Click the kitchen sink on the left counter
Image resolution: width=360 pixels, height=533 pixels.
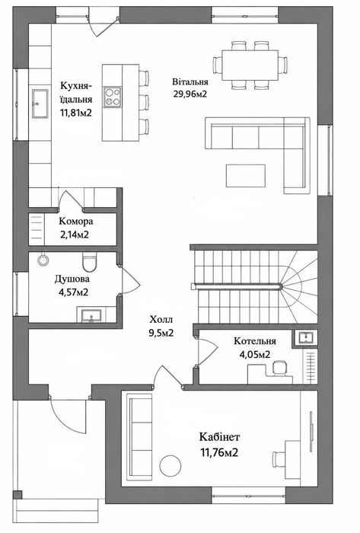click(40, 104)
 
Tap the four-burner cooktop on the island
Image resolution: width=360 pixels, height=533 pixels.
click(113, 97)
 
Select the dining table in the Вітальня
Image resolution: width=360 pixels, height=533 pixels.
click(250, 65)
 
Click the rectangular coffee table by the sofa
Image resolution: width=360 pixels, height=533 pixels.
click(246, 176)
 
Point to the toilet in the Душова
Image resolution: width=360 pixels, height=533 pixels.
click(90, 262)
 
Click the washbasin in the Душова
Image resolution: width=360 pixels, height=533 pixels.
click(91, 315)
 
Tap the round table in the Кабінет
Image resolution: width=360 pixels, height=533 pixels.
click(170, 465)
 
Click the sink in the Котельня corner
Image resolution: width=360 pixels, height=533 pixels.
click(305, 337)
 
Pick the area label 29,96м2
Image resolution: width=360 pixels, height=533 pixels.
click(190, 94)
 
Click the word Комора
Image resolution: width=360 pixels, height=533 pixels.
click(76, 222)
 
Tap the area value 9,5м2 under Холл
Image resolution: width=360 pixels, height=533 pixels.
click(161, 334)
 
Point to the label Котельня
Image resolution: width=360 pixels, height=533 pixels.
click(255, 341)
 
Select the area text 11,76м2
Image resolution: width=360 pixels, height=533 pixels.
click(219, 453)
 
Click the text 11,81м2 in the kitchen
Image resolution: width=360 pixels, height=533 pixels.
click(76, 113)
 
